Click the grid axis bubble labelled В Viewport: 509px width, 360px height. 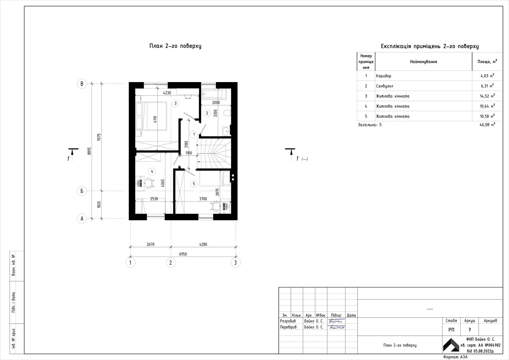click(82, 84)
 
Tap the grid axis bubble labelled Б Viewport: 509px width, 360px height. click(82, 191)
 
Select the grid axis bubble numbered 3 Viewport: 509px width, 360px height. click(235, 263)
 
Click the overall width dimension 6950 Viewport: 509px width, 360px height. click(183, 254)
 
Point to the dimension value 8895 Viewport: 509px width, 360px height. click(89, 151)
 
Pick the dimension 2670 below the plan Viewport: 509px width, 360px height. click(150, 244)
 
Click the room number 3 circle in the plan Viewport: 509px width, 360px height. click(175, 103)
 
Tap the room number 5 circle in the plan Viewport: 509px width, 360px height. click(194, 184)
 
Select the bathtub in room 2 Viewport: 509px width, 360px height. click(214, 94)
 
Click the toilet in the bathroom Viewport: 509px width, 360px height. click(227, 113)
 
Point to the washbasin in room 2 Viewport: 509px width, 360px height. click(226, 131)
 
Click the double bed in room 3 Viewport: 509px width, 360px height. click(151, 116)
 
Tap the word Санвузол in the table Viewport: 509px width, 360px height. click(385, 86)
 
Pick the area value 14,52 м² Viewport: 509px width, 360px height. click(487, 96)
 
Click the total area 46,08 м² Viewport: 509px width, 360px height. click(487, 125)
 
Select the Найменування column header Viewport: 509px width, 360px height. click(423, 62)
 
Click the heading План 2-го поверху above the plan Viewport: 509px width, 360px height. click(175, 46)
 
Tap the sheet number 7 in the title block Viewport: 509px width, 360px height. click(470, 330)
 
